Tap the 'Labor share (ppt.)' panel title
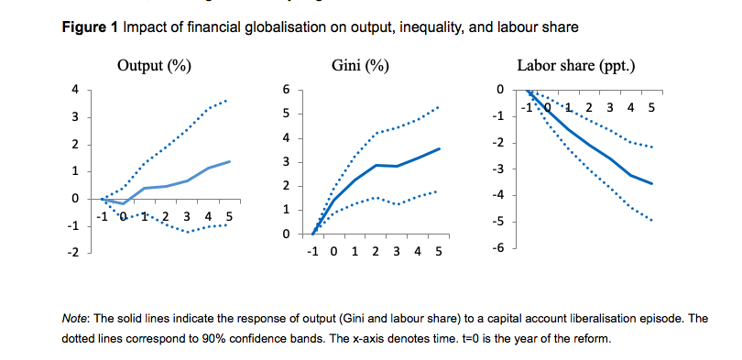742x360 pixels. [x=576, y=66]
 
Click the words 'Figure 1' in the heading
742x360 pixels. [x=90, y=27]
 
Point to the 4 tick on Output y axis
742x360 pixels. [x=76, y=90]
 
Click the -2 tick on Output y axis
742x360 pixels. [x=73, y=252]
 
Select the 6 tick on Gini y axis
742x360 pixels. [x=286, y=90]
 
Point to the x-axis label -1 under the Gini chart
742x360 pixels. [x=313, y=251]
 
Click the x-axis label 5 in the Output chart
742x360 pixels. [x=228, y=216]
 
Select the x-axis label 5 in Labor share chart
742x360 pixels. [x=651, y=108]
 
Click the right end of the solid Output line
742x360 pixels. [x=229, y=161]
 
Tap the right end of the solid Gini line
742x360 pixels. [x=440, y=148]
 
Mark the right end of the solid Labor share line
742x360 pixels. [x=652, y=184]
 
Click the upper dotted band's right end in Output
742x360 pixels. [x=227, y=99]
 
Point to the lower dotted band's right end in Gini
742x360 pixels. [x=438, y=191]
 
